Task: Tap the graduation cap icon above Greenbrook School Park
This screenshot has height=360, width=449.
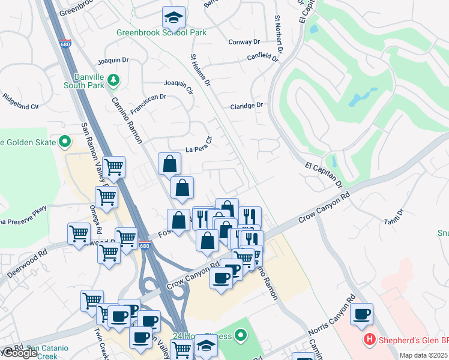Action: click(x=173, y=17)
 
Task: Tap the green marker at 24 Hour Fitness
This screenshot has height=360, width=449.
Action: click(x=241, y=335)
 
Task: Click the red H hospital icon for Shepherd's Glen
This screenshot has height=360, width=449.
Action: click(x=370, y=340)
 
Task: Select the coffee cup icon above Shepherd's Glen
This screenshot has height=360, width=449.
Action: click(x=361, y=314)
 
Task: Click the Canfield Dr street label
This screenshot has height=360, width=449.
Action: click(x=263, y=58)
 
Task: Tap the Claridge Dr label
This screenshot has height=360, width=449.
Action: click(x=247, y=105)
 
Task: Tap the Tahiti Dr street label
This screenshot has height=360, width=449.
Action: click(x=397, y=217)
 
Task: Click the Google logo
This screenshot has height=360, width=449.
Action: click(x=19, y=353)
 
